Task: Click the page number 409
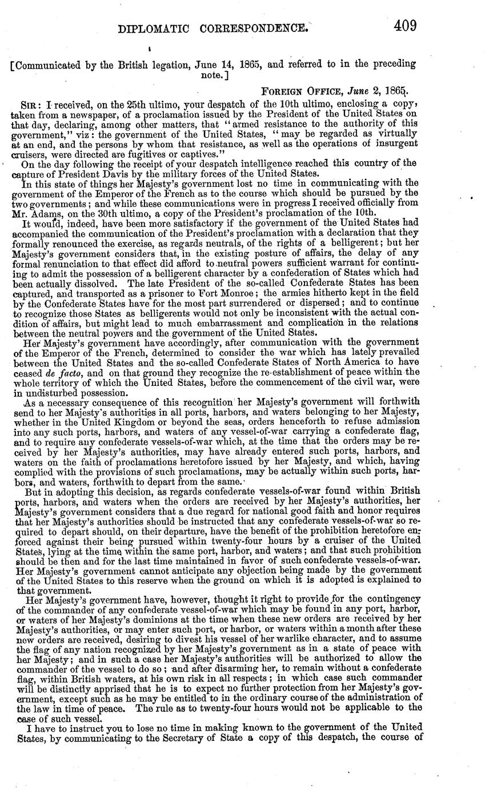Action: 404,26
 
